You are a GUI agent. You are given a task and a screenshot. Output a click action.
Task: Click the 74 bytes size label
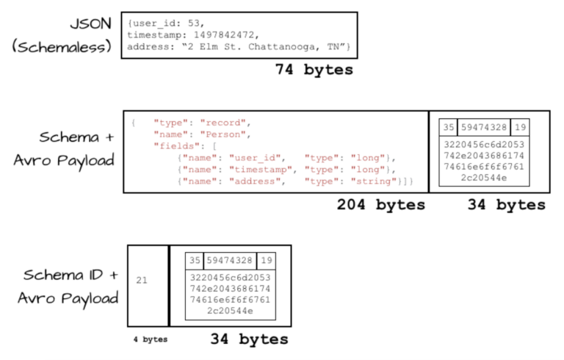click(x=314, y=71)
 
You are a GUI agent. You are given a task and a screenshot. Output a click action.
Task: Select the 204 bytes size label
click(x=380, y=206)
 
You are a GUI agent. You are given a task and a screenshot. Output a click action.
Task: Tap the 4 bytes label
click(x=149, y=339)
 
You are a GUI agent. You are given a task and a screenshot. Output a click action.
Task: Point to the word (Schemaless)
click(x=62, y=46)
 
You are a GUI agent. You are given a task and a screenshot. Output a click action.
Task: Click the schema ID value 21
click(x=142, y=280)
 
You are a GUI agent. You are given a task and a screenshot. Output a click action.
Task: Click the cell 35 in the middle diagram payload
click(x=449, y=127)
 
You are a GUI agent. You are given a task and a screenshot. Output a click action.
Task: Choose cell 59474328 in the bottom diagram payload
click(x=230, y=261)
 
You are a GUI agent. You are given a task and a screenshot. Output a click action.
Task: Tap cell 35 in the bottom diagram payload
click(x=195, y=261)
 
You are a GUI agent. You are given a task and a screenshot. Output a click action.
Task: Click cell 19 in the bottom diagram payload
click(x=265, y=261)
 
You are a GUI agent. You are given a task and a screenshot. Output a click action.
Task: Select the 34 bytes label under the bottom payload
click(x=249, y=339)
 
